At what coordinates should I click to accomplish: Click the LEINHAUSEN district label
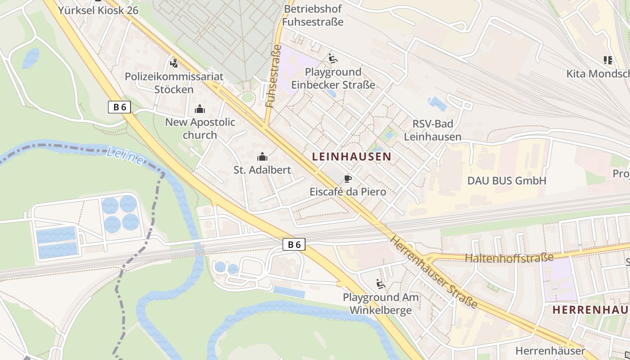point(351,157)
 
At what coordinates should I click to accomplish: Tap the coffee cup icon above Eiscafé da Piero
point(347,179)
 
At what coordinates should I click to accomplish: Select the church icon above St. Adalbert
point(262,157)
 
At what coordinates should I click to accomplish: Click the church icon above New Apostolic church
point(199,109)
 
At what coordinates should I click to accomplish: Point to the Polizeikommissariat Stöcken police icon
point(174,63)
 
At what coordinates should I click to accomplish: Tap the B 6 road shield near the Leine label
point(120,107)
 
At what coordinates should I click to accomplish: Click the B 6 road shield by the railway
point(294,244)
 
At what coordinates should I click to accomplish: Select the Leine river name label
point(126,156)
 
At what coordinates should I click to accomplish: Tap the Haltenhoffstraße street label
point(509,258)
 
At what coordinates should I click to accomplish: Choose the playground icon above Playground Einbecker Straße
point(333,58)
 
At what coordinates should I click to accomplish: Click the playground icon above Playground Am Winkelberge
point(381,284)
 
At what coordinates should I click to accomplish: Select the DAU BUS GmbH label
point(507,181)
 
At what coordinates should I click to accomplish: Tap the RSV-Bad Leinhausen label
point(432,130)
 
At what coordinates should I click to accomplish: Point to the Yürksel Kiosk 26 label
point(98,10)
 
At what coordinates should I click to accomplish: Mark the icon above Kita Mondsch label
point(608,60)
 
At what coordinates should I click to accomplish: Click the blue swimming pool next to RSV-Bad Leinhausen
point(437,103)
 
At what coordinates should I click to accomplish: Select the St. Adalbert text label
point(262,170)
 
